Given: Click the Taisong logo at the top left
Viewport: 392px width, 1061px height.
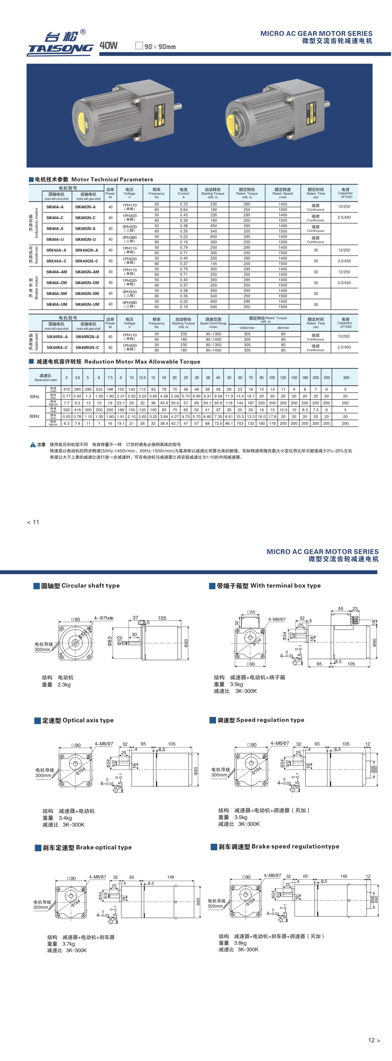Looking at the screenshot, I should [x=60, y=43].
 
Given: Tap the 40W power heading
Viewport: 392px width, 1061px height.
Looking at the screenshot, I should [x=108, y=46].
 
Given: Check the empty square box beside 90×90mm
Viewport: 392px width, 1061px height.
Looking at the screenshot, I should [x=139, y=46].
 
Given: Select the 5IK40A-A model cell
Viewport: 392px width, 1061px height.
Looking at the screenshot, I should [x=55, y=207].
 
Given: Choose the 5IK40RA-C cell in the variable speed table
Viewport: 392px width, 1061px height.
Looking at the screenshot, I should [x=57, y=347].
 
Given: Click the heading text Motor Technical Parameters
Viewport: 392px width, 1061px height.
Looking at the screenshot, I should [x=112, y=180].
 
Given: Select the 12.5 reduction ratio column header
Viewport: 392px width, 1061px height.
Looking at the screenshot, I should [x=142, y=377].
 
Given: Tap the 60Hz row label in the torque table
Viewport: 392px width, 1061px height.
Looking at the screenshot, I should [x=34, y=416].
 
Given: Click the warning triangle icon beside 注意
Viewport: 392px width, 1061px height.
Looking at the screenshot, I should [x=33, y=444].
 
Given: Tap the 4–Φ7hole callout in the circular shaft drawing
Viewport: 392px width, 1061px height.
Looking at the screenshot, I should [x=104, y=618].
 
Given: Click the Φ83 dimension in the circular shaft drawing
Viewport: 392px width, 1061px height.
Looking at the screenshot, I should [x=110, y=641].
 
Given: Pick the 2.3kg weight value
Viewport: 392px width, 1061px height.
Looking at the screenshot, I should [x=64, y=684].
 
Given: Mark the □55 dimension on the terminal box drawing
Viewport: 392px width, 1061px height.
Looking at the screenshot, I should [x=251, y=612].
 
